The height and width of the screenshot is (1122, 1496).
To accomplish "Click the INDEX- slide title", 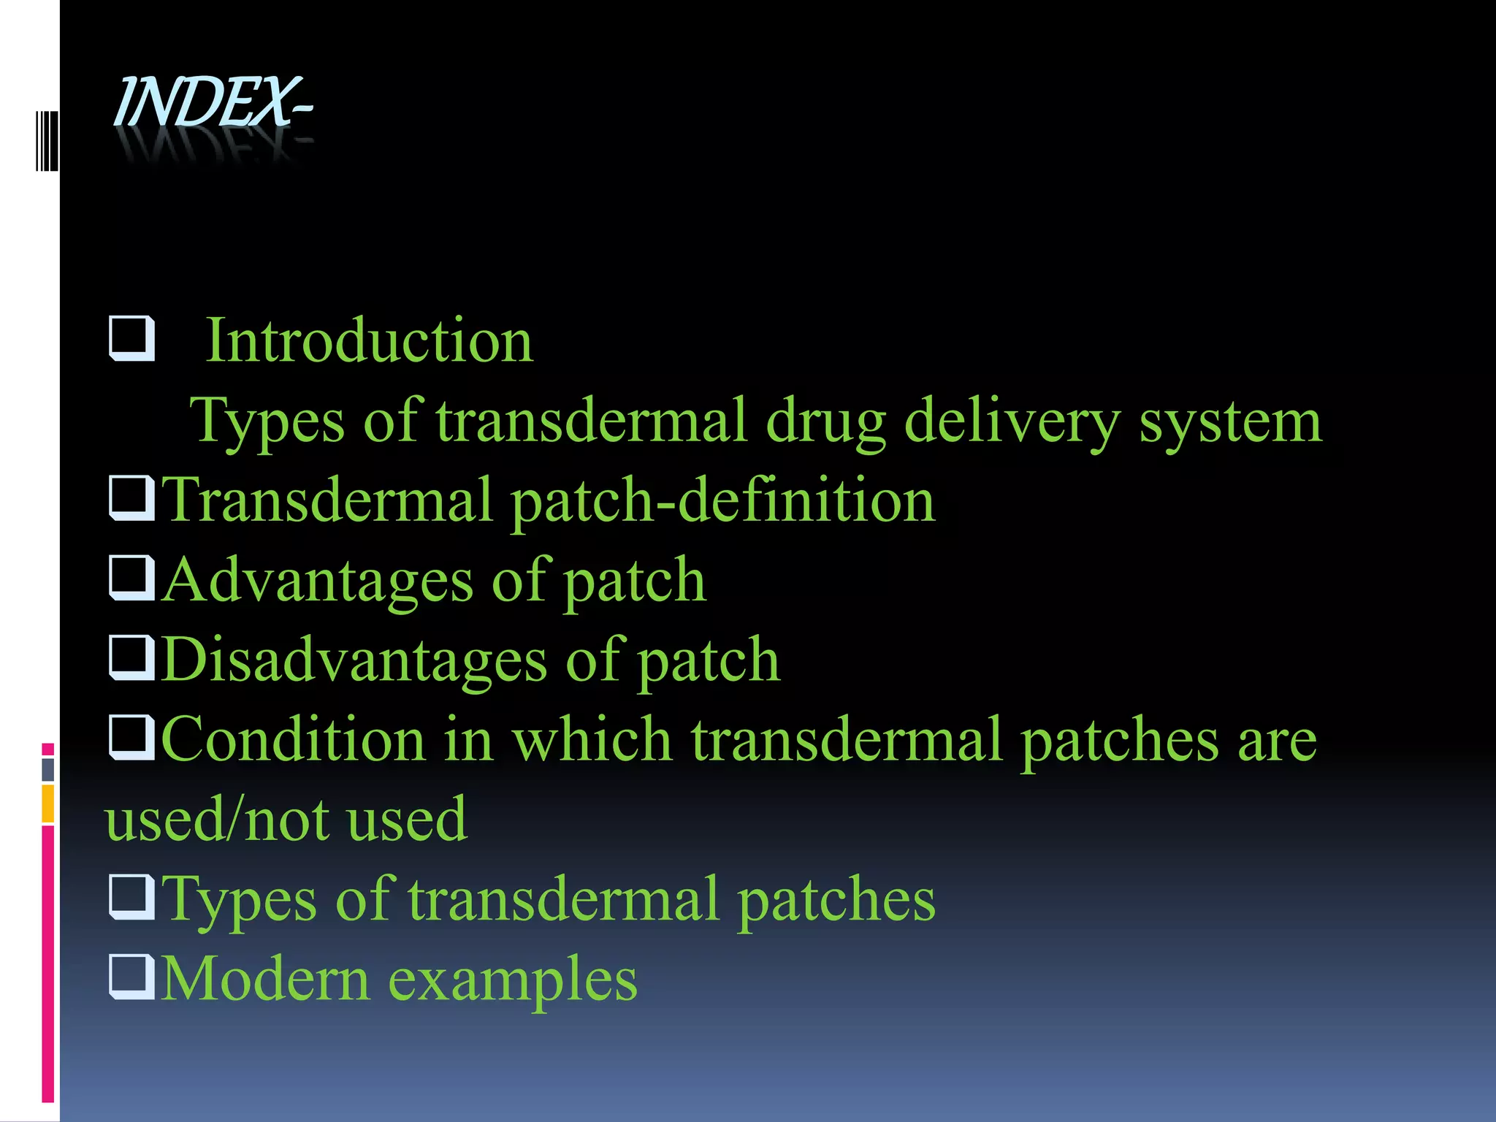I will [213, 103].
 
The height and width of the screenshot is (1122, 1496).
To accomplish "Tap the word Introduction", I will [370, 340].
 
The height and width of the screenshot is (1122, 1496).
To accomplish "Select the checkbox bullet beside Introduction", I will [131, 337].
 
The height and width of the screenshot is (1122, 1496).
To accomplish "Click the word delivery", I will [1012, 421].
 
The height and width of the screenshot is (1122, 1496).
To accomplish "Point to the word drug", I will [825, 421].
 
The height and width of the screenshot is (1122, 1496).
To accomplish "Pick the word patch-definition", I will [722, 501].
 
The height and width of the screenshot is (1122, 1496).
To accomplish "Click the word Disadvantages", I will [354, 660].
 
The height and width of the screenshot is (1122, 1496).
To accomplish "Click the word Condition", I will [293, 739].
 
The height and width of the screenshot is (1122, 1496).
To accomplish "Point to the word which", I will [592, 739].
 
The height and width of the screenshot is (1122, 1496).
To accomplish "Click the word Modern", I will [265, 979].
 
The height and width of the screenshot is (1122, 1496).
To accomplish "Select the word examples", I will [513, 979].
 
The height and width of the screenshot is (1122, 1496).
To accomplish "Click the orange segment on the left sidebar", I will [48, 803].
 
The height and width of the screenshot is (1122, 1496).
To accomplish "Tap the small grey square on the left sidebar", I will [48, 769].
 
